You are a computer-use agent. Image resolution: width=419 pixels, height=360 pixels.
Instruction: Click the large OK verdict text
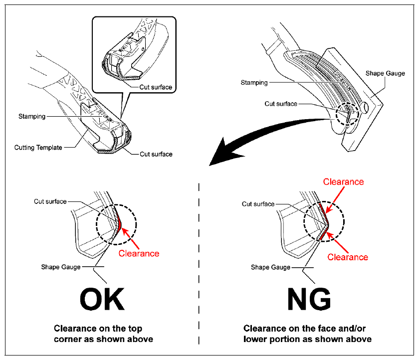[102, 299]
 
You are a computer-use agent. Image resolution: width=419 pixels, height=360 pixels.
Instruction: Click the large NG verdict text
[309, 299]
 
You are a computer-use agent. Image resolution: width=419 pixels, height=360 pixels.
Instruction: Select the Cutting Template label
[38, 148]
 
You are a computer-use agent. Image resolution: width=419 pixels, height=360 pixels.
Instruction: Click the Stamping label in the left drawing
[32, 116]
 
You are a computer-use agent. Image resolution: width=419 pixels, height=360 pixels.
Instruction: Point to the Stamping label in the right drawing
[254, 83]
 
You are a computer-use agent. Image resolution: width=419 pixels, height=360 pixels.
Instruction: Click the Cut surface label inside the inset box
[156, 87]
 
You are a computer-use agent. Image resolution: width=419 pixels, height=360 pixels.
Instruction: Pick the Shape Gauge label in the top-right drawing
[385, 73]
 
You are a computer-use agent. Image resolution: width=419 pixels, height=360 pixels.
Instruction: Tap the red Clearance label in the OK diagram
[139, 253]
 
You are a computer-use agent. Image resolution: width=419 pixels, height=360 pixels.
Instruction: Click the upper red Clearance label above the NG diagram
[343, 181]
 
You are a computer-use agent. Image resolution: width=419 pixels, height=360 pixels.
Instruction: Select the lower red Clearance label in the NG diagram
[348, 257]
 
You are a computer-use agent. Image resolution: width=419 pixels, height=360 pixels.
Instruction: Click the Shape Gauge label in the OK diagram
[61, 267]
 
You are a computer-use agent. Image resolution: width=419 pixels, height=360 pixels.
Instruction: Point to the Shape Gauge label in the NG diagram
[270, 267]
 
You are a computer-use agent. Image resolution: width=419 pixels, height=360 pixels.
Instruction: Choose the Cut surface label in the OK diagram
[50, 201]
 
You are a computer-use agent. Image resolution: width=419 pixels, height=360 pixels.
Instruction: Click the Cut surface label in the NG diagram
[258, 204]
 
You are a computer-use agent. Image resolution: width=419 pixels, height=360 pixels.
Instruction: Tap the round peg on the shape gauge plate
[365, 107]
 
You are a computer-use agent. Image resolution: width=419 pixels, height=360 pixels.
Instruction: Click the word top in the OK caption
[135, 329]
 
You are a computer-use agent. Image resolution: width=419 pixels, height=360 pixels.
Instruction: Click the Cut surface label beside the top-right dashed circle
[281, 104]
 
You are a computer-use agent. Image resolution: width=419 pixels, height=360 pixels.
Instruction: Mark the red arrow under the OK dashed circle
[130, 238]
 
